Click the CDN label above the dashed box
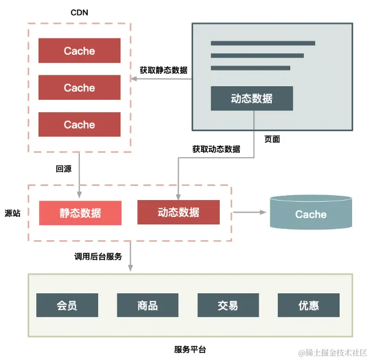tap(79, 12)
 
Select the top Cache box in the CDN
tap(79, 51)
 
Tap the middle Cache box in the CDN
tap(79, 88)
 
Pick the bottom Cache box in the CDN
tap(79, 125)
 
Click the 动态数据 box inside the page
tap(252, 99)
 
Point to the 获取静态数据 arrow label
tap(163, 70)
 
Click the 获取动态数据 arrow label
tap(216, 149)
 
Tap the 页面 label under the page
tap(272, 139)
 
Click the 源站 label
tap(12, 213)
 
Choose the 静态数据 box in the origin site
tap(80, 213)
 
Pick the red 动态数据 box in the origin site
tap(178, 213)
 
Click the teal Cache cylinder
tap(311, 214)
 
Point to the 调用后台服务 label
tap(98, 256)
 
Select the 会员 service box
tap(67, 305)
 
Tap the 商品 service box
tap(148, 305)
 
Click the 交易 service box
tap(228, 305)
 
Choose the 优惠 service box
tap(308, 305)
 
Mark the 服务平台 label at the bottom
tap(190, 349)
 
